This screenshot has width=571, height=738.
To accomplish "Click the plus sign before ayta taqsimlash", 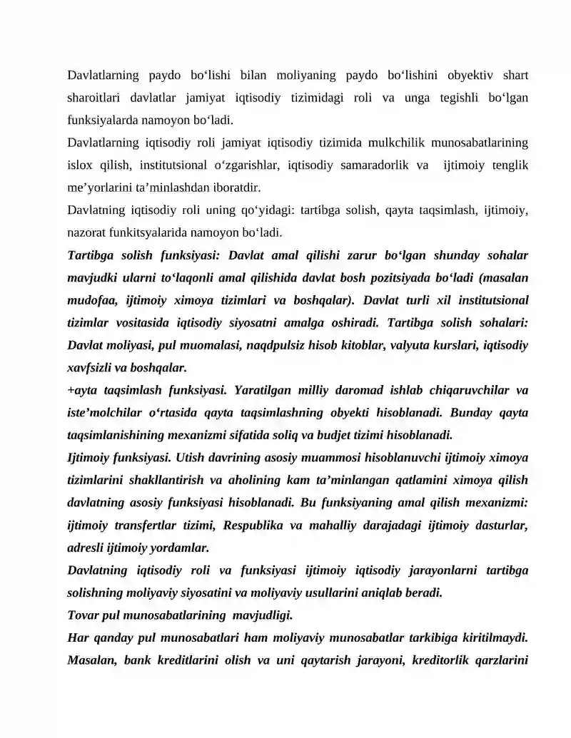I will pyautogui.click(x=71, y=391).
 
